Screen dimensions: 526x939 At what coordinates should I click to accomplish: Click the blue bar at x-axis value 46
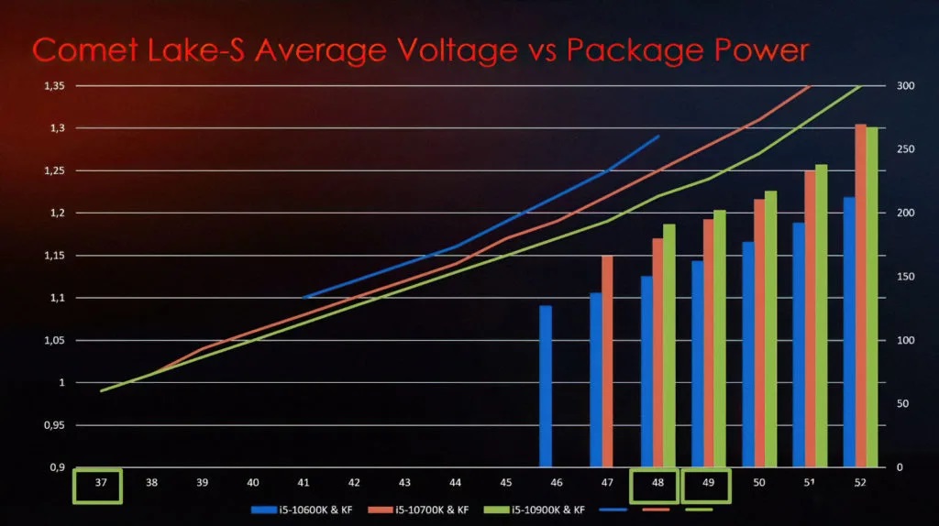click(546, 386)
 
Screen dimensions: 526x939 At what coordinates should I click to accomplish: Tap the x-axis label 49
click(708, 482)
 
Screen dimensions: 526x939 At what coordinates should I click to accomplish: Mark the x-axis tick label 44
click(455, 482)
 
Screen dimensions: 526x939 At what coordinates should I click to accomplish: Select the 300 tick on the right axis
click(905, 86)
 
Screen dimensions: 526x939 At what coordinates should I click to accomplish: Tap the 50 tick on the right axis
click(902, 404)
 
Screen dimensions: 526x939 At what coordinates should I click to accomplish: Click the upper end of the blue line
click(657, 137)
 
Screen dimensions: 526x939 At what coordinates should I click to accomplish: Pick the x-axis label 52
click(860, 482)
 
